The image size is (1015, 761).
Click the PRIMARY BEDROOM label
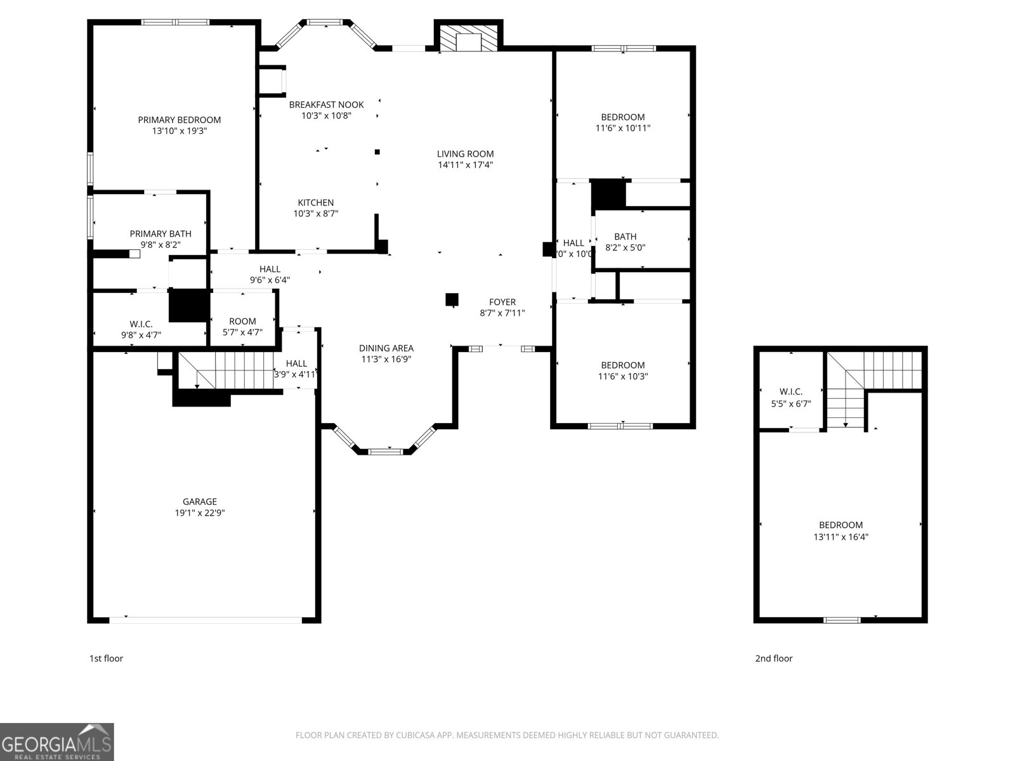pyautogui.click(x=180, y=120)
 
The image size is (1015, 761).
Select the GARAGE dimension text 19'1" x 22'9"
pyautogui.click(x=200, y=513)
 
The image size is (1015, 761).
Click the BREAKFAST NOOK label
pyautogui.click(x=326, y=105)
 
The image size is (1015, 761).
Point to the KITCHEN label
pyautogui.click(x=315, y=203)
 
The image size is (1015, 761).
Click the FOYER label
pyautogui.click(x=502, y=302)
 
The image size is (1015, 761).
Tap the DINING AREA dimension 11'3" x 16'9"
pyautogui.click(x=386, y=359)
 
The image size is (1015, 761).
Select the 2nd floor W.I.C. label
pyautogui.click(x=790, y=392)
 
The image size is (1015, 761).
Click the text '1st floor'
pyautogui.click(x=106, y=658)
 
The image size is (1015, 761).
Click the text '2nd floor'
pyautogui.click(x=773, y=658)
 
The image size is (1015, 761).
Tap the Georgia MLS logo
pyautogui.click(x=57, y=742)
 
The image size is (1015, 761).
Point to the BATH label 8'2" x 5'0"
pyautogui.click(x=625, y=237)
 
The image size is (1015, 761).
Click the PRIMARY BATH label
pyautogui.click(x=160, y=233)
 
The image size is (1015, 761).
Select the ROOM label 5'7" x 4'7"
pyautogui.click(x=242, y=322)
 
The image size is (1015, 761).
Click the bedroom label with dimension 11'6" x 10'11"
pyautogui.click(x=622, y=117)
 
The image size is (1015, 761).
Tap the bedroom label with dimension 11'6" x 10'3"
pyautogui.click(x=622, y=365)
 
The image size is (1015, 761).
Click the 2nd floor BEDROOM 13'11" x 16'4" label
pyautogui.click(x=841, y=525)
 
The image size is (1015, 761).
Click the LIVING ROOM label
pyautogui.click(x=465, y=154)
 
